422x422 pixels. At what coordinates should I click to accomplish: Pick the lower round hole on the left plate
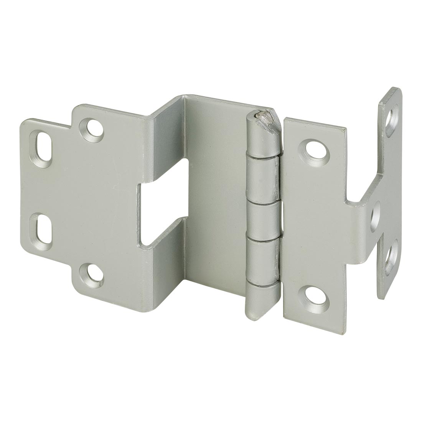click(x=91, y=274)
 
